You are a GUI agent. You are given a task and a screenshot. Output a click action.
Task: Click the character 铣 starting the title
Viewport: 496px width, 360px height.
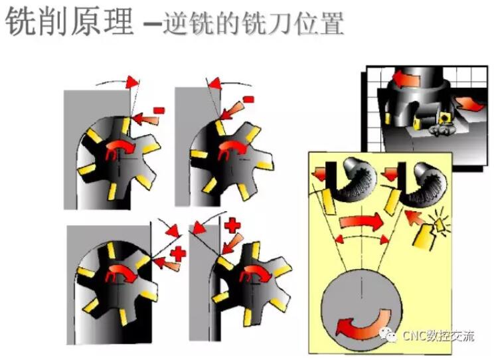(x=21, y=21)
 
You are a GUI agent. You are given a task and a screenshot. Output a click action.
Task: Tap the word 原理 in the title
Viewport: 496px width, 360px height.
(x=102, y=21)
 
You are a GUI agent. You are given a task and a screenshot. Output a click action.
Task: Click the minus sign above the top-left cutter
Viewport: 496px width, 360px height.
(x=159, y=110)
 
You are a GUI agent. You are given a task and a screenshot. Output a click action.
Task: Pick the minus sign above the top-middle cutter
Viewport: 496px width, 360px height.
(x=248, y=100)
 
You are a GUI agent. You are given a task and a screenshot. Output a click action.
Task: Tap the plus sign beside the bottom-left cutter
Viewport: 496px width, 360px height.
(x=178, y=253)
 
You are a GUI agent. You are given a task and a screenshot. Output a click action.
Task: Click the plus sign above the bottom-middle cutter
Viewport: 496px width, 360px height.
(x=232, y=225)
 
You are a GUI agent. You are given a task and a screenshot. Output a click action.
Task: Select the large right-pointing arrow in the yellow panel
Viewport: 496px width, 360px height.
(x=361, y=221)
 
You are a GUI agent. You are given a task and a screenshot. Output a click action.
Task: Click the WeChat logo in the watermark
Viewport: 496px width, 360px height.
(x=388, y=335)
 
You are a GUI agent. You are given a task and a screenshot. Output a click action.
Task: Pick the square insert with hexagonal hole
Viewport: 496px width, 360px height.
(x=445, y=117)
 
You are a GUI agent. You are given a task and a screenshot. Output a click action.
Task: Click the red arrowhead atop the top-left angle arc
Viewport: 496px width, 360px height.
(x=132, y=82)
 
